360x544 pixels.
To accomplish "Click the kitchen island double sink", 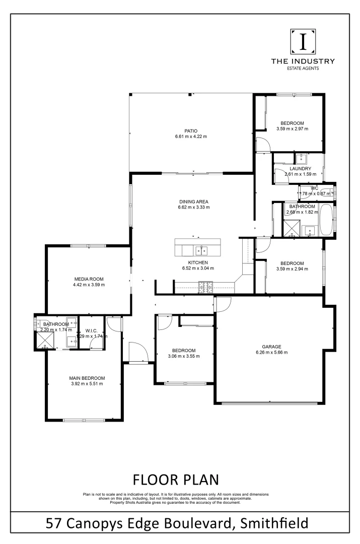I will [202, 250].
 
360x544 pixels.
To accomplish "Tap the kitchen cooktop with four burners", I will [206, 288].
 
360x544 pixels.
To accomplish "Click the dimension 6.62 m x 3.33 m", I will [193, 207].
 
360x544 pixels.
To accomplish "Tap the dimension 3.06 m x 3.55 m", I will [184, 356].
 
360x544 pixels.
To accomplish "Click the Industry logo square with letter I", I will [303, 42].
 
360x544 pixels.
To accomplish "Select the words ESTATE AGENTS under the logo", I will [303, 68].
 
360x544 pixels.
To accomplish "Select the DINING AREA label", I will [193, 201].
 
